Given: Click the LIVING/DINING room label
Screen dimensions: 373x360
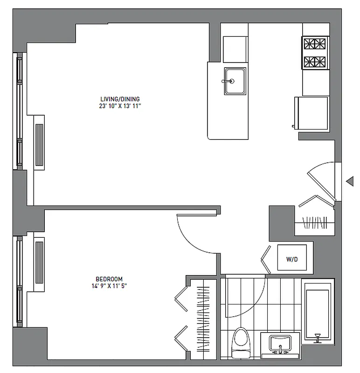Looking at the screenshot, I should tap(120, 99).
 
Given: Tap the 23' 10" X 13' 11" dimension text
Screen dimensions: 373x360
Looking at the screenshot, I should tap(120, 106).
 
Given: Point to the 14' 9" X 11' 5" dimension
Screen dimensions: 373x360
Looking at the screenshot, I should tap(110, 286).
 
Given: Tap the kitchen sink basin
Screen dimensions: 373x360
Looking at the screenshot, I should tap(235, 81).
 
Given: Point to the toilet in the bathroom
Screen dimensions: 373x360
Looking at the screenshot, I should tap(241, 344).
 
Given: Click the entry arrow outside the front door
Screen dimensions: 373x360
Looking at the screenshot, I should tap(350, 181).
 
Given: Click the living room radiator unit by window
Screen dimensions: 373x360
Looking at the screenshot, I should tap(39, 143).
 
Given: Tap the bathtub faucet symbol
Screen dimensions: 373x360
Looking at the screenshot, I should tap(318, 337).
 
